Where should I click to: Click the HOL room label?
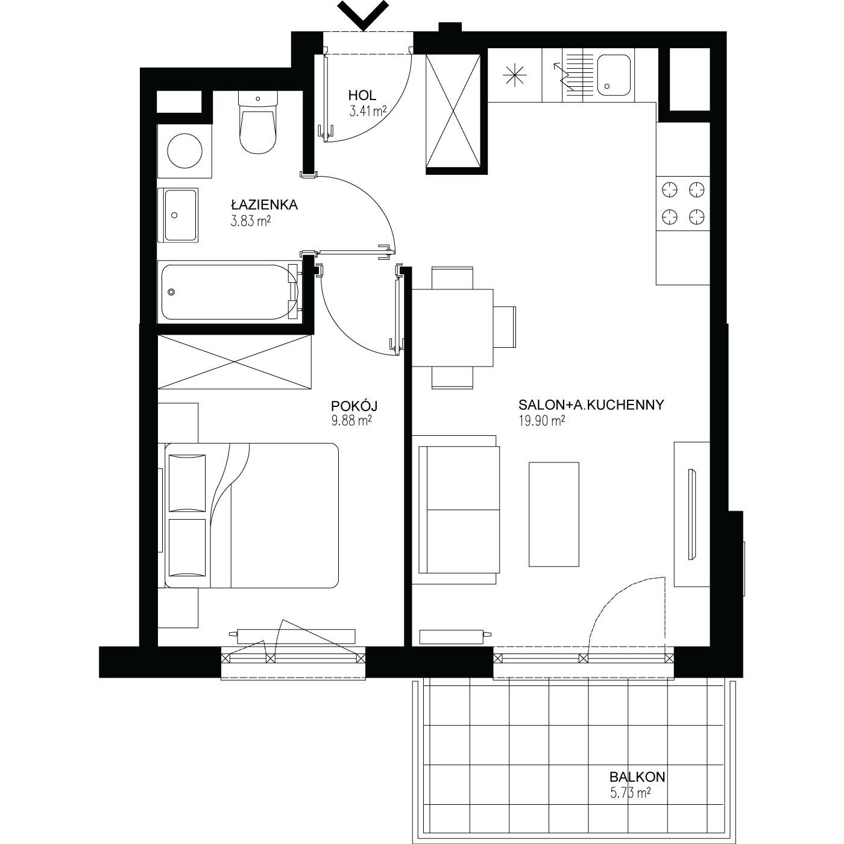tap(362, 95)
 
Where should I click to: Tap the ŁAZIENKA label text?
tap(265, 204)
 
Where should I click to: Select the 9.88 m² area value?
tap(351, 421)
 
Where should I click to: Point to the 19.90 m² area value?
tap(542, 421)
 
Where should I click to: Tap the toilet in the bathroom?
tap(258, 122)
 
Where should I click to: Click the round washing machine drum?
tap(184, 150)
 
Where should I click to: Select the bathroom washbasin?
tap(178, 215)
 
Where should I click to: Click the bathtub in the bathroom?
tap(230, 292)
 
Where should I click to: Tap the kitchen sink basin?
tap(614, 75)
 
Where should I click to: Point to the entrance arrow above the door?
tap(364, 15)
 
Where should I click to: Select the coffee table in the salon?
tap(553, 514)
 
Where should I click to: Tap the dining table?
tap(452, 327)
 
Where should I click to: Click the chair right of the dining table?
tap(505, 327)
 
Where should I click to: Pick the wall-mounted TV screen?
tap(692, 514)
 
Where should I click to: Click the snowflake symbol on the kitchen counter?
tap(515, 75)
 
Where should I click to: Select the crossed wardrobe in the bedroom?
tap(235, 362)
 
